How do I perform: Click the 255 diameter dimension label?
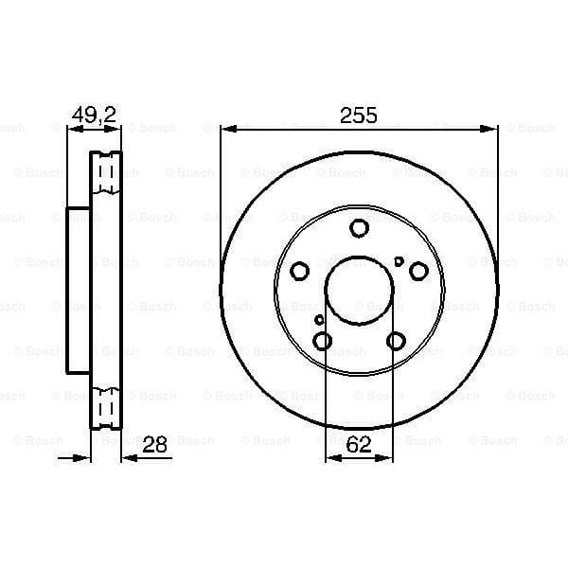(359, 115)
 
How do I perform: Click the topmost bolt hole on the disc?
(359, 228)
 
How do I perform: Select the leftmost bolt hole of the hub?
(299, 272)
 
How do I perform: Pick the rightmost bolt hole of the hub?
(418, 272)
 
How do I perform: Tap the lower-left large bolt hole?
(322, 342)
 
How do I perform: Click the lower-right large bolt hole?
(396, 342)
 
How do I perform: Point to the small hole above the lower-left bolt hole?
(320, 320)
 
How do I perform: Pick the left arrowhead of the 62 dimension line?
(330, 459)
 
